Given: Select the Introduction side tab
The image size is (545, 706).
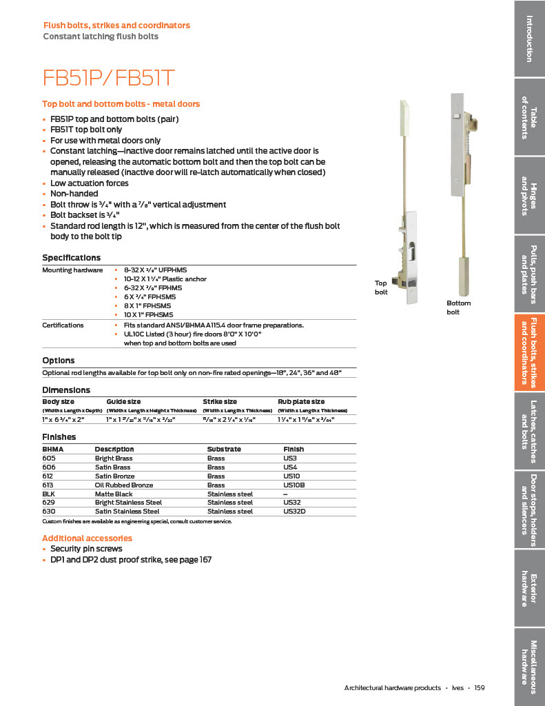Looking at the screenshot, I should pos(529,38).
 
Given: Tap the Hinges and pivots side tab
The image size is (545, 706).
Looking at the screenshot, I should pos(529,195).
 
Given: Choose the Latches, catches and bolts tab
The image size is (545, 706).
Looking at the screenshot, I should pos(529,431).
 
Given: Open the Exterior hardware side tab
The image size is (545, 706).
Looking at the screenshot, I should pos(529,589).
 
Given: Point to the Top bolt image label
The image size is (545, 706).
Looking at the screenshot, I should pos(381,288).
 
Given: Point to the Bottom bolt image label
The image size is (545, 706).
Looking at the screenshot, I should pos(458,307).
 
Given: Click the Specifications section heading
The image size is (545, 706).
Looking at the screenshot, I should pos(71,258).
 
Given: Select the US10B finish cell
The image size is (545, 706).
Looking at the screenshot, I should pos(295,485).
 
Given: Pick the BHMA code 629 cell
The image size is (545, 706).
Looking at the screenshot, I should pos(49,503).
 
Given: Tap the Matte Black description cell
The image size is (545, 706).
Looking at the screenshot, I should pos(114,494).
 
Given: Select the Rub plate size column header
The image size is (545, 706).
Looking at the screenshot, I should pos(301,401).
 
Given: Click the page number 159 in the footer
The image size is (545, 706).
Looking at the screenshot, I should pos(480,687).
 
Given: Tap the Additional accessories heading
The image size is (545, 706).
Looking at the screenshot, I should pos(87,538).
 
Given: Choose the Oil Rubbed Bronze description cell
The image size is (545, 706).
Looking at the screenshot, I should pos(124,485).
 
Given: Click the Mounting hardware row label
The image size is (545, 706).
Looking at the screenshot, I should pos(72,270).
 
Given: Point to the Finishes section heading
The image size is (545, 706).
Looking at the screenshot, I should pos(59,437).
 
